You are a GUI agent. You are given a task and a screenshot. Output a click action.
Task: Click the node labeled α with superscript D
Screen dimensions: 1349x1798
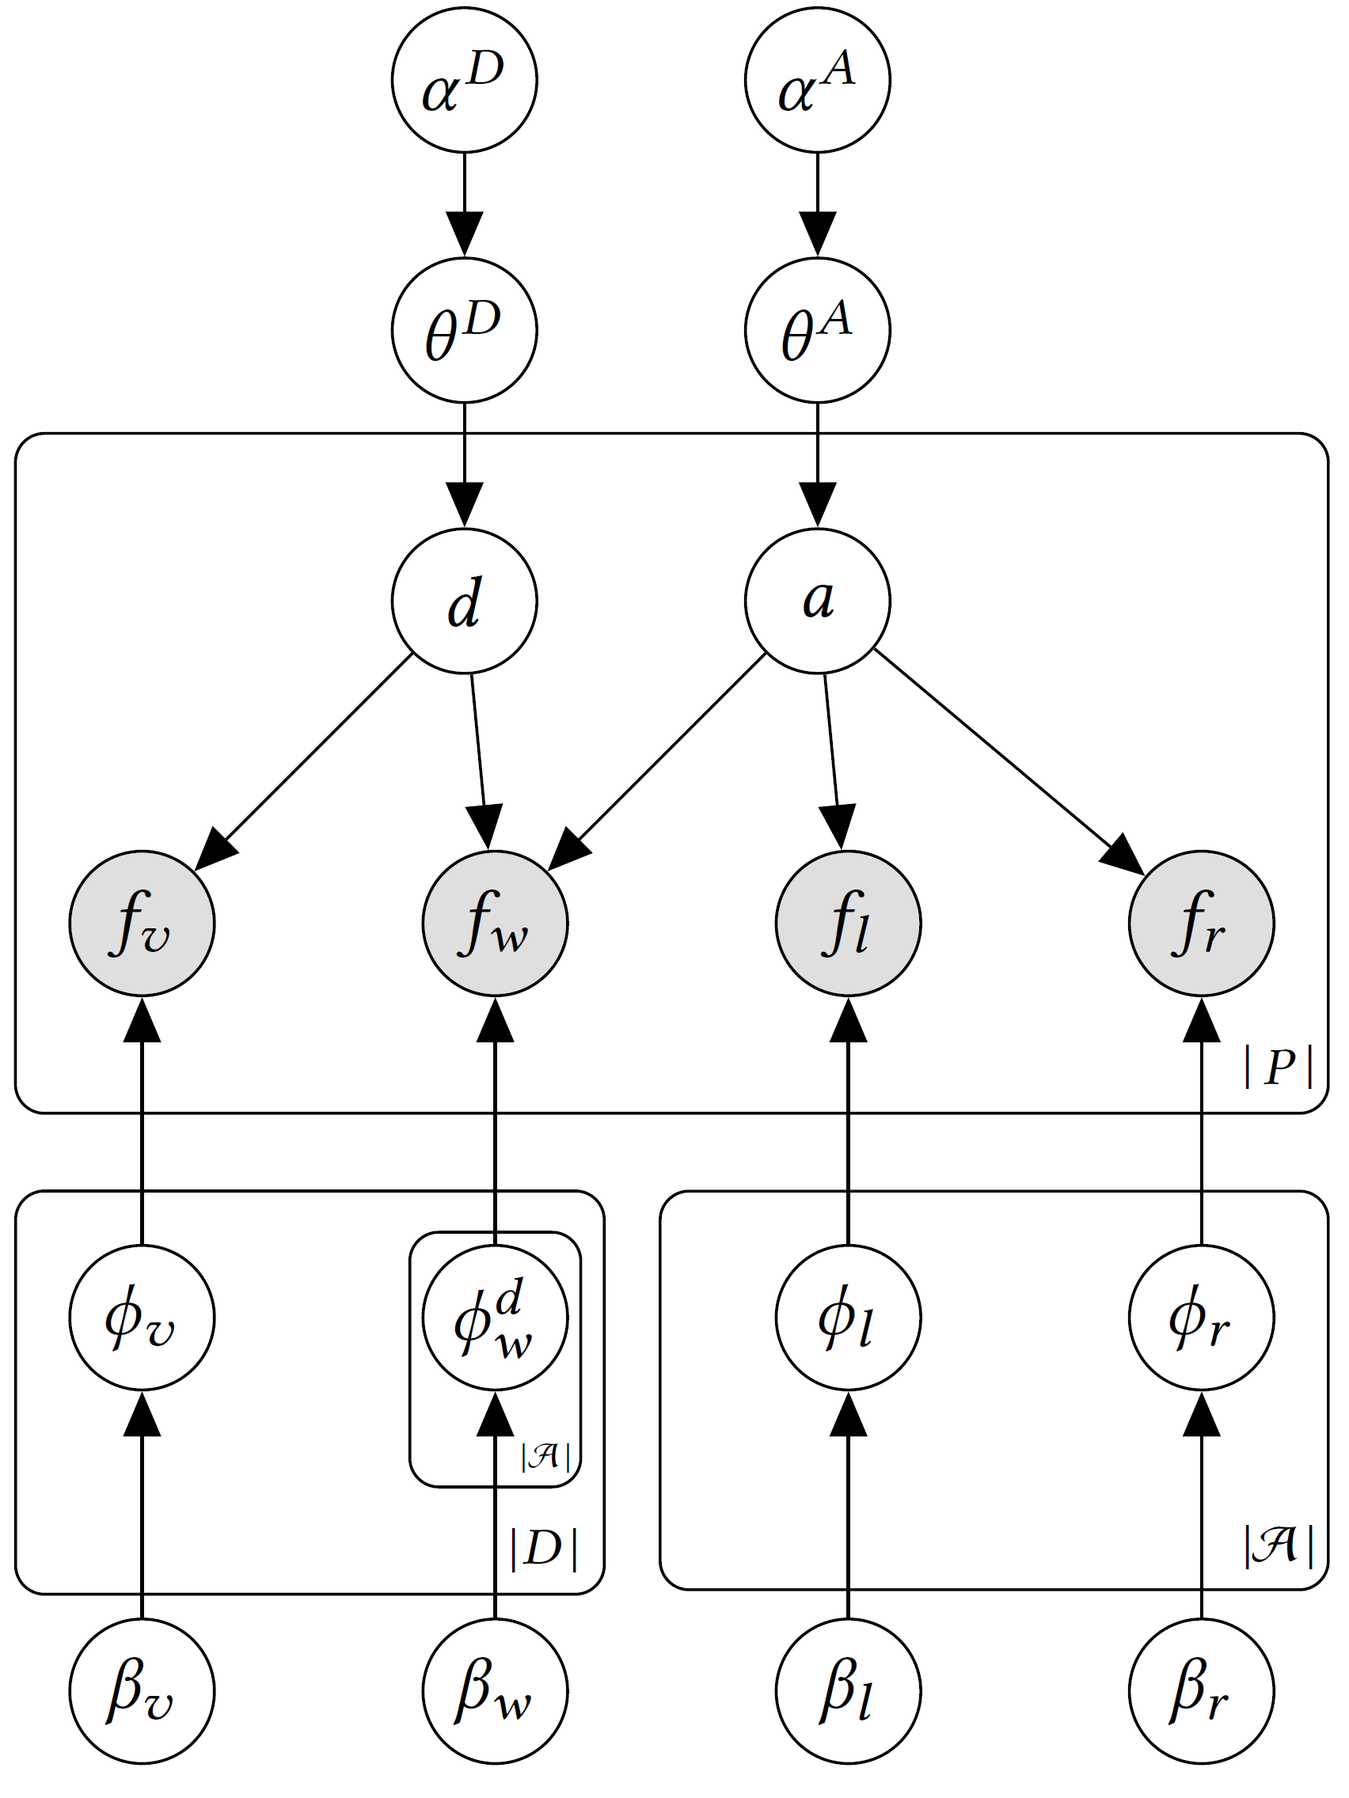coord(464,80)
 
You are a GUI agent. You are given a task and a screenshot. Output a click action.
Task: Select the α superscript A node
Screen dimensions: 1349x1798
coord(817,80)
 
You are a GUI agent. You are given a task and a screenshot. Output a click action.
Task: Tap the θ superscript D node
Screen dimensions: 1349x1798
coord(464,330)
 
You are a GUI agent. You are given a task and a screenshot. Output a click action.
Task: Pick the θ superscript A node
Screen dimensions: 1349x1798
coord(817,330)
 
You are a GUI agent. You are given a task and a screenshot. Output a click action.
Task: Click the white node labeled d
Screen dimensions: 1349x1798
coord(464,601)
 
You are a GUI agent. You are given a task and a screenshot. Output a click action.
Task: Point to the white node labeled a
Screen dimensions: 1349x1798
coord(817,601)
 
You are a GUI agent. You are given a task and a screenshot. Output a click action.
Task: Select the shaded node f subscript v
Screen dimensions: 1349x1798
coord(142,924)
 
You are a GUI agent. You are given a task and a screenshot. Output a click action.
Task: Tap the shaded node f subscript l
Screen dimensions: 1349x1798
coord(848,924)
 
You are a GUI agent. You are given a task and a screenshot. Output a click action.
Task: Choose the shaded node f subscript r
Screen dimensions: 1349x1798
coord(1201,924)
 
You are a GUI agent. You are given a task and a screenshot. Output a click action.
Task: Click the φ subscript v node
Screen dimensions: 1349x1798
coord(142,1318)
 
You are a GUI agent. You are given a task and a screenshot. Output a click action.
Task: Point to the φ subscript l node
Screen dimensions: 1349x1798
coord(848,1318)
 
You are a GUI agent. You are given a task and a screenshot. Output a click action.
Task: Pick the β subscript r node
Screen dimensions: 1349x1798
coord(1201,1690)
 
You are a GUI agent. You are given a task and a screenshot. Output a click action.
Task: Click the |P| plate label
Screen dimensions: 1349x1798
coord(1279,1067)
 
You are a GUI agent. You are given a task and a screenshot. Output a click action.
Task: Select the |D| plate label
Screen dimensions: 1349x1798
coord(544,1549)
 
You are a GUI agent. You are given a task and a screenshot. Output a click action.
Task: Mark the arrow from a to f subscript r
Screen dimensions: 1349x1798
coord(1009,762)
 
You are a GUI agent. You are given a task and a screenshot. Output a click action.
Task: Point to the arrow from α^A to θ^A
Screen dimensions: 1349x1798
coord(817,204)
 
